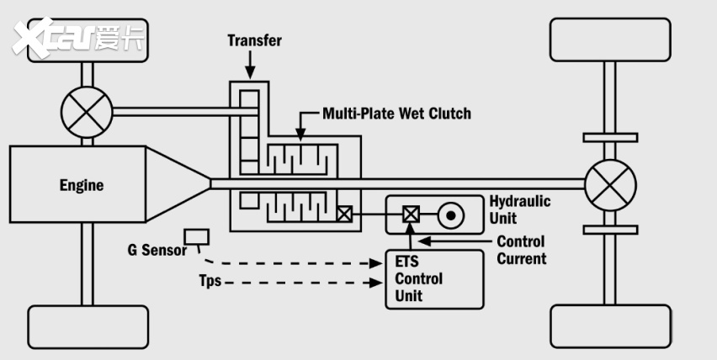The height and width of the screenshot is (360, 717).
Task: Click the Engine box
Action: (77, 184)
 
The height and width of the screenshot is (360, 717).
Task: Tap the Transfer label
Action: (255, 40)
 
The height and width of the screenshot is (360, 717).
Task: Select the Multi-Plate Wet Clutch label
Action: (396, 114)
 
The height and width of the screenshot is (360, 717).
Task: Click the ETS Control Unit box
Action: (434, 279)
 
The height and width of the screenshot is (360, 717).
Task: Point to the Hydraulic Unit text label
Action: (520, 209)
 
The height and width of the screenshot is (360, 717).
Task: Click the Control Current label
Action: (521, 250)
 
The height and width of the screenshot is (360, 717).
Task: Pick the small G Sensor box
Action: (197, 237)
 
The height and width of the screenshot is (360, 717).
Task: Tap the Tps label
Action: (210, 280)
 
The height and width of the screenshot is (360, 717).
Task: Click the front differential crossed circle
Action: (87, 112)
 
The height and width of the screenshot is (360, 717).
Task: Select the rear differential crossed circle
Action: (610, 185)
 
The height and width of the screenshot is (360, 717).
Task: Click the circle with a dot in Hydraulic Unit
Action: (451, 215)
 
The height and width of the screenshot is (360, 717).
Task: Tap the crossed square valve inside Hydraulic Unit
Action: (411, 214)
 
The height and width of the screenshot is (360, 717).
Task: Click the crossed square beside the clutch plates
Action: (344, 214)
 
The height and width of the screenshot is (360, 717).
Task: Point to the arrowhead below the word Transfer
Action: (250, 72)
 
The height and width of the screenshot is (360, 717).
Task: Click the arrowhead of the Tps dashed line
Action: (376, 283)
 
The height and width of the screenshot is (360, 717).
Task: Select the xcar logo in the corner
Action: (77, 38)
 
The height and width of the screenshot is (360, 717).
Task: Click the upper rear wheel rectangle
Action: (610, 40)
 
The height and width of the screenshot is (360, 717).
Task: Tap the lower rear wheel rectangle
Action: (610, 326)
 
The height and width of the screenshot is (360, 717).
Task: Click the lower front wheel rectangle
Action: (88, 327)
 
